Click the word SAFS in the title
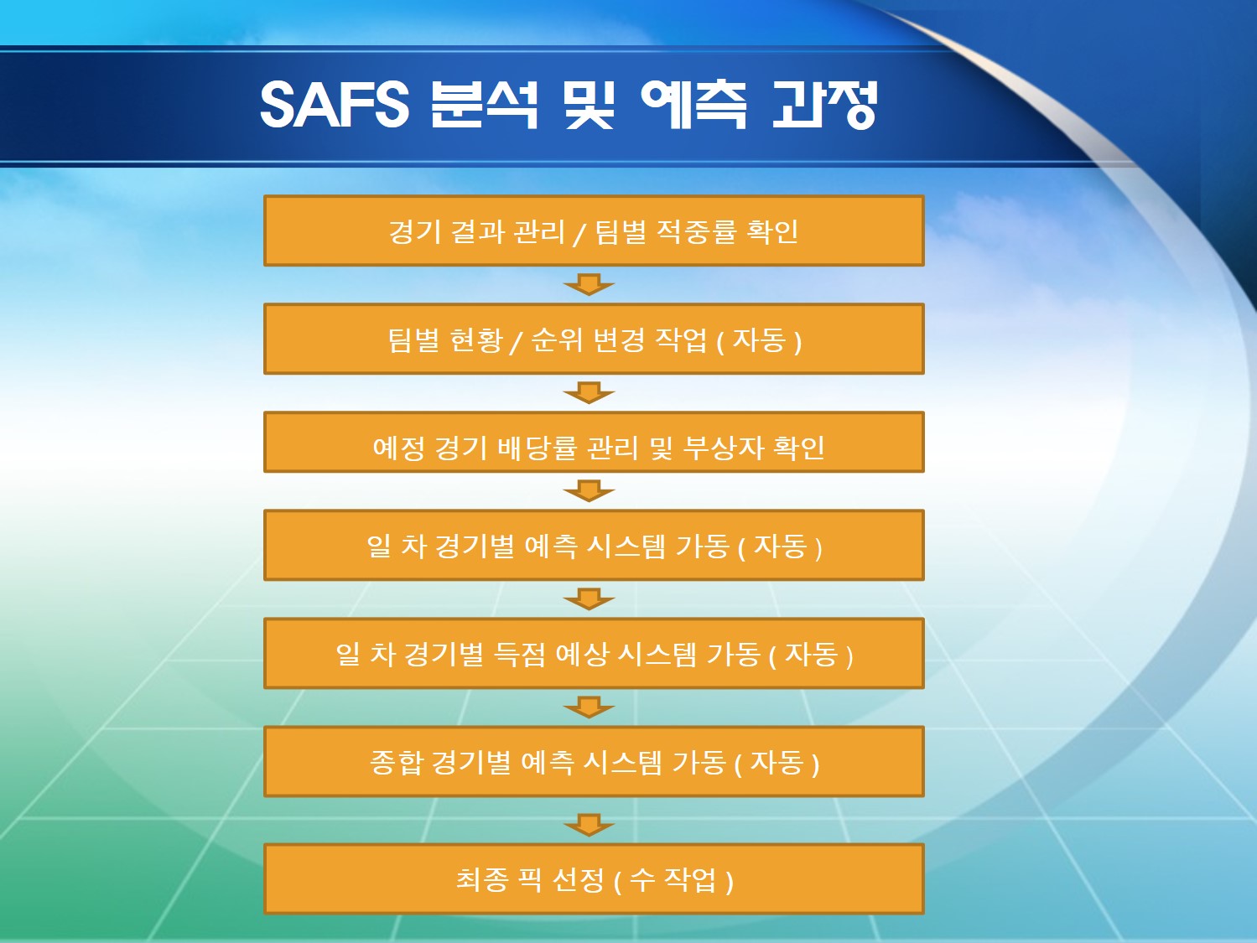pos(335,106)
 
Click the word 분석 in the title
pos(485,106)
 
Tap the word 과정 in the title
pos(825,106)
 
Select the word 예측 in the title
pos(694,106)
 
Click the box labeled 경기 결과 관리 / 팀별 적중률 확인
pos(594,231)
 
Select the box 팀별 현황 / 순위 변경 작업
pos(594,339)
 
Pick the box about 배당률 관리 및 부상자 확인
pos(594,442)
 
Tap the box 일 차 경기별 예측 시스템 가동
pos(594,546)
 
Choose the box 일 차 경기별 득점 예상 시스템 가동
pos(594,654)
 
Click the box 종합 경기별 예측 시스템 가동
pos(594,762)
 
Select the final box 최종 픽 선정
pos(594,879)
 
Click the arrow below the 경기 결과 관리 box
pos(589,284)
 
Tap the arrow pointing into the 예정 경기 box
pos(589,392)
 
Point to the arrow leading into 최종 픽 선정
pos(589,825)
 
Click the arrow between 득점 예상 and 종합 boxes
pos(589,707)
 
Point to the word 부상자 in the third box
pos(723,448)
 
